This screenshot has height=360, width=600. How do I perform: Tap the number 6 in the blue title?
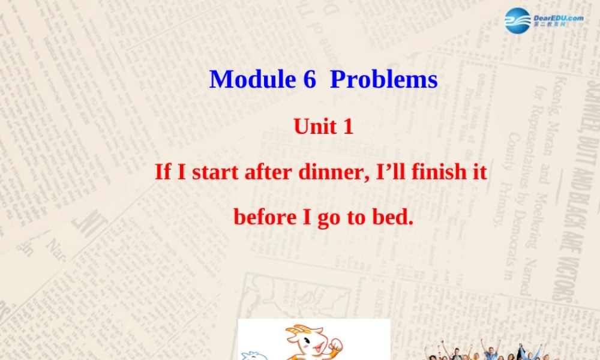click(309, 79)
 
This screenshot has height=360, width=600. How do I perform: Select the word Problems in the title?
click(384, 79)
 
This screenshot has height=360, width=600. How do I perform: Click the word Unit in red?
click(310, 127)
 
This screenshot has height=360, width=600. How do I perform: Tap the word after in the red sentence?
click(268, 172)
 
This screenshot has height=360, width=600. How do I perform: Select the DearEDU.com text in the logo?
click(558, 18)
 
